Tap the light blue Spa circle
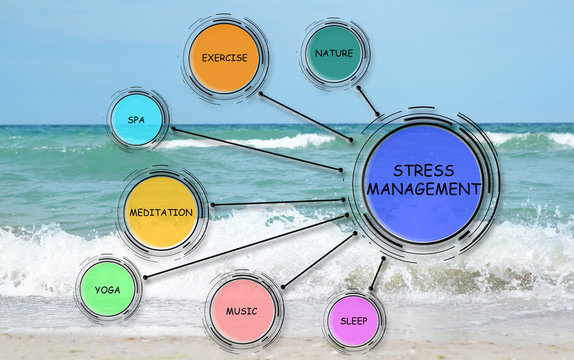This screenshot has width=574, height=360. [x=137, y=118]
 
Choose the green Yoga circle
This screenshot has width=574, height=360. [x=107, y=289]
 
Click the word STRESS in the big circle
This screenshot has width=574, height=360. [x=424, y=170]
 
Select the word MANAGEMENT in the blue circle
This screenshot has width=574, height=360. [x=424, y=188]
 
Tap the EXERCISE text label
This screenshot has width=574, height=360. [x=224, y=58]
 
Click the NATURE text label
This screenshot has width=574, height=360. [x=334, y=53]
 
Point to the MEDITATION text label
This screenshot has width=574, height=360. [x=160, y=213]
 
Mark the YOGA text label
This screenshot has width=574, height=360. [x=107, y=290]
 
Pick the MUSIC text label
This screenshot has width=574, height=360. [x=241, y=311]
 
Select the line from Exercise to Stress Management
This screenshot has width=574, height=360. [x=305, y=118]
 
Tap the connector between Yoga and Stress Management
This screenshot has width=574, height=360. [x=246, y=245]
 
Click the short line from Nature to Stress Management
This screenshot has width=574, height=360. [x=368, y=100]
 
